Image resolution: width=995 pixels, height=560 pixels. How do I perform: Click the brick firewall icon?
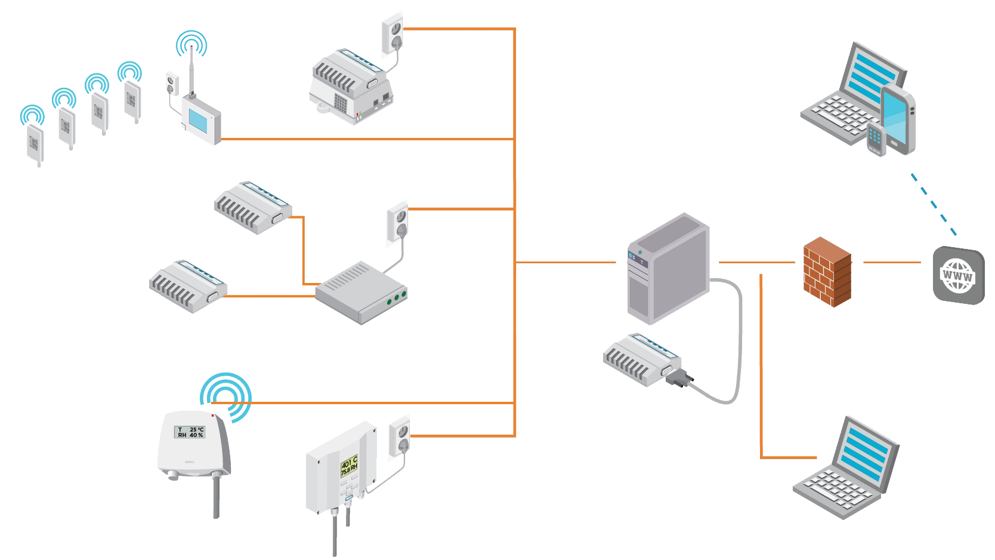pyautogui.click(x=826, y=272)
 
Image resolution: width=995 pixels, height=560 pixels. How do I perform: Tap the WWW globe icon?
pyautogui.click(x=957, y=276)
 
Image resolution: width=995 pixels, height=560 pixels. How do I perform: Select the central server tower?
pyautogui.click(x=668, y=269)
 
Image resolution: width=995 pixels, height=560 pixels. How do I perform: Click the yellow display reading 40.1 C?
pyautogui.click(x=348, y=466)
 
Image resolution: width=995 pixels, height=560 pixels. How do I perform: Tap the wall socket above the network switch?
pyautogui.click(x=397, y=223)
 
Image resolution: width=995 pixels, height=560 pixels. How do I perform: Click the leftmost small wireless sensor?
pyautogui.click(x=34, y=143)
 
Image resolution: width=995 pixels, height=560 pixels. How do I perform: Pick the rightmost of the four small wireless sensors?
pyautogui.click(x=132, y=99)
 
